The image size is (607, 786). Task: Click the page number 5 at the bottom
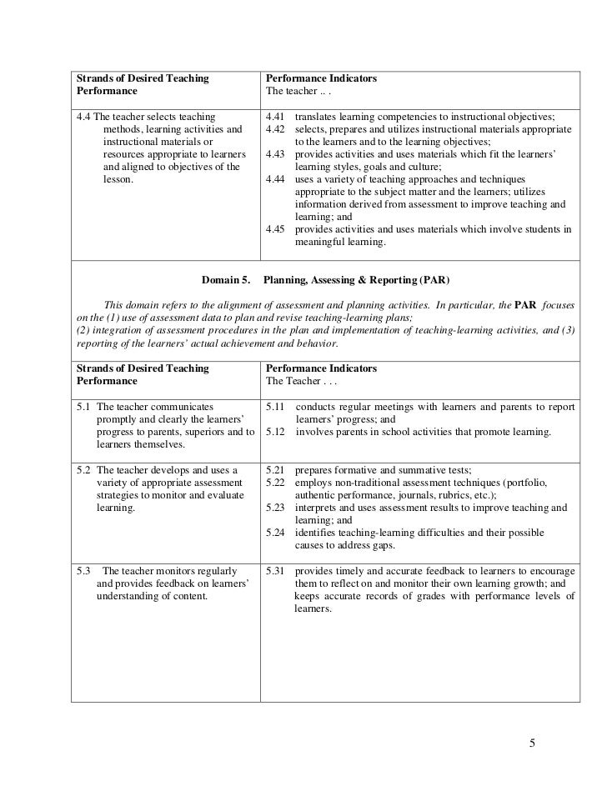[533, 743]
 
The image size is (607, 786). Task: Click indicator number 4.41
[275, 117]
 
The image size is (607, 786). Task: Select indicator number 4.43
[275, 155]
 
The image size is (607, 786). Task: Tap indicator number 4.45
[275, 230]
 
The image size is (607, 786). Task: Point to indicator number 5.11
[275, 407]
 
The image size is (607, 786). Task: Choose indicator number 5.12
[275, 432]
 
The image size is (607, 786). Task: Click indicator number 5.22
[275, 483]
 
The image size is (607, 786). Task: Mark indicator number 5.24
[275, 533]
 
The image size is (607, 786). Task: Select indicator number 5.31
[275, 571]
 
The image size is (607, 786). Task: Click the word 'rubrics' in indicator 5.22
[450, 495]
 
